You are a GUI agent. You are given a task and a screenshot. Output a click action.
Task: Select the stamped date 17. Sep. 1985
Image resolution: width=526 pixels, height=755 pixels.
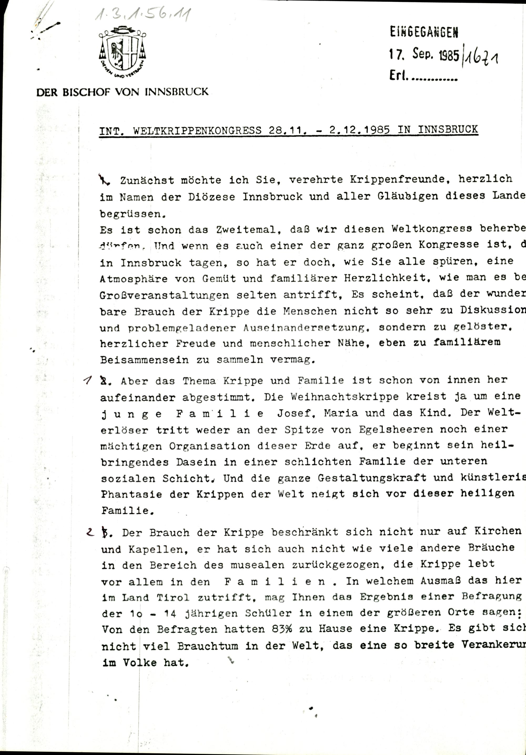coord(424,54)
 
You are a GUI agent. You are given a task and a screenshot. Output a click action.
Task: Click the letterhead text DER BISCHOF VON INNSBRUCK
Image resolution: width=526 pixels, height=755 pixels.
coord(122,92)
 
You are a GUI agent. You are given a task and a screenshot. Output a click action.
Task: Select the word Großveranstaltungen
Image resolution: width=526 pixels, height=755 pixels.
coord(164,295)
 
